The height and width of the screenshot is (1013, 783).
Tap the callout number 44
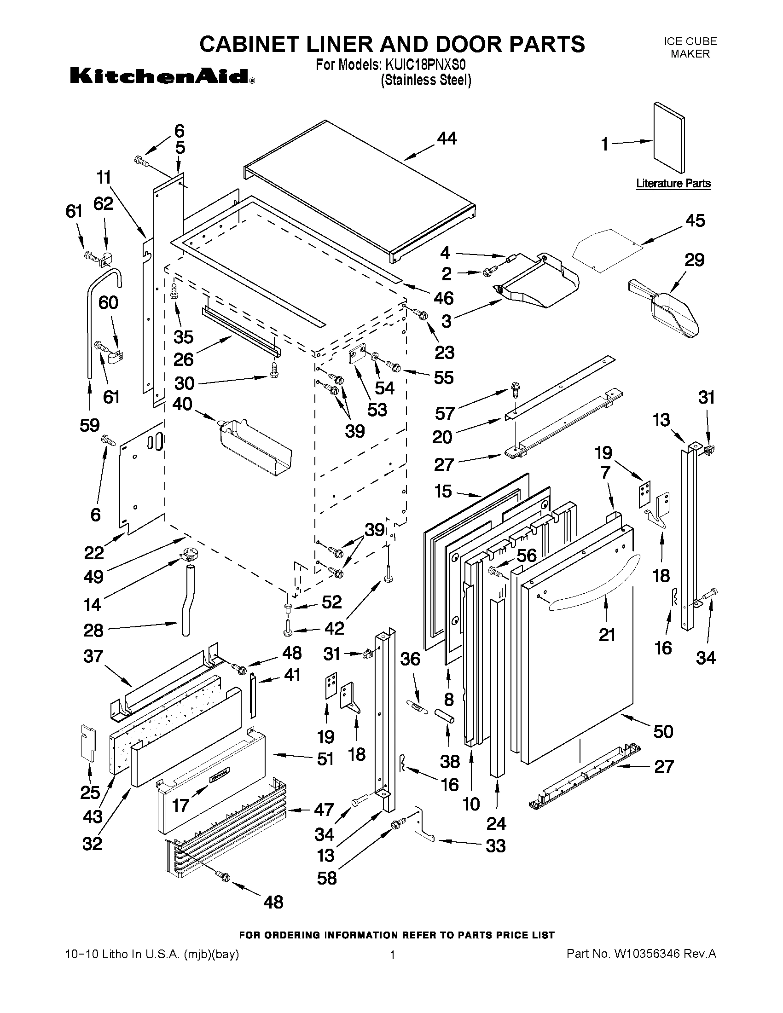[447, 138]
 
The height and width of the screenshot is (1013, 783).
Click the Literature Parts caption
[673, 183]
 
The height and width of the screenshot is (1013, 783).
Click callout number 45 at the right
[695, 221]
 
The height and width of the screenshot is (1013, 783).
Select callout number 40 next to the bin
[182, 404]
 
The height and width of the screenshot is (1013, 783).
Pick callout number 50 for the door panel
[663, 731]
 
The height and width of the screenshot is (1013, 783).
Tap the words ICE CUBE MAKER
[690, 47]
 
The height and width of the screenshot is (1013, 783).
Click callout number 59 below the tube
[89, 425]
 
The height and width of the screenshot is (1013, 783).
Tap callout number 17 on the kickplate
[180, 806]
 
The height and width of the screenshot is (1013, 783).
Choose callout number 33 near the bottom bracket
[495, 846]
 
